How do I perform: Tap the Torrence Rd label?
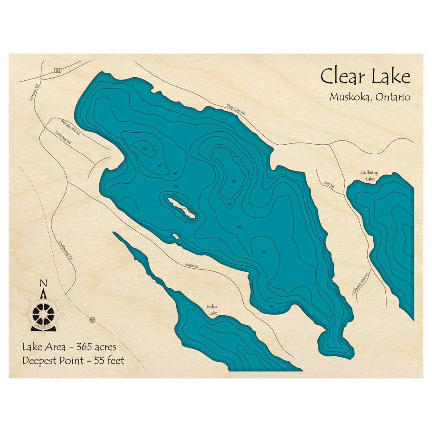pos(34,92)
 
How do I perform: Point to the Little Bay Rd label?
pos(63,137)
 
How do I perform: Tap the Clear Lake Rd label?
pos(236,109)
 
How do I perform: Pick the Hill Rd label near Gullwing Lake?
pos(329,185)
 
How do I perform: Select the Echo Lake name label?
pos(212,310)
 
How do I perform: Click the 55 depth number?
pos(233,181)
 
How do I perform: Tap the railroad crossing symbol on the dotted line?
pos(92,320)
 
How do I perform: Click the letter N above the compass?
pos(43,283)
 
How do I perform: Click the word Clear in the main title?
pos(340,77)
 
